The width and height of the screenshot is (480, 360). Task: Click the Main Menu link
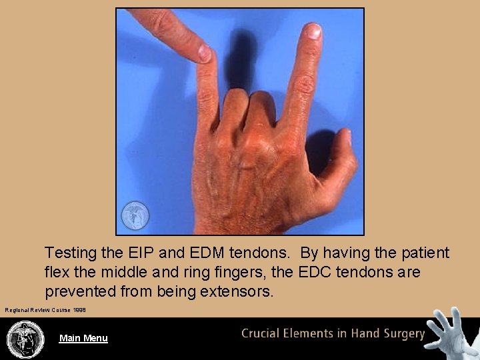pyautogui.click(x=83, y=338)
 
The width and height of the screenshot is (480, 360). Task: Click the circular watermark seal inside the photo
pyautogui.click(x=135, y=215)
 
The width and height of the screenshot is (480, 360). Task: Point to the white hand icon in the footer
pyautogui.click(x=453, y=333)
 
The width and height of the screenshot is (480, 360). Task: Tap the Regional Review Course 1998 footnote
pyautogui.click(x=45, y=310)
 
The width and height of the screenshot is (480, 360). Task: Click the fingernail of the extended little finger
pyautogui.click(x=312, y=31)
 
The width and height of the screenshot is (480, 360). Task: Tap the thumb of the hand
pyautogui.click(x=340, y=160)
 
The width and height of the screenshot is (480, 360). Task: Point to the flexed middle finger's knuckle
pyautogui.click(x=235, y=100)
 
